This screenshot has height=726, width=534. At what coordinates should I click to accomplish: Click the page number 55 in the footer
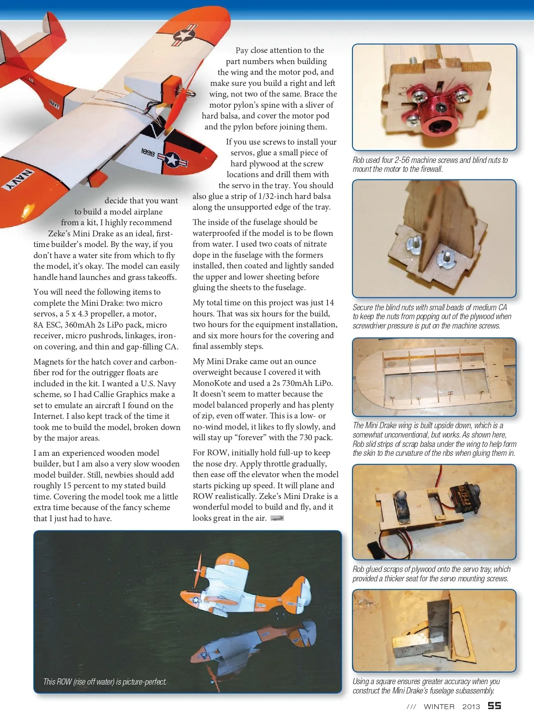[494, 706]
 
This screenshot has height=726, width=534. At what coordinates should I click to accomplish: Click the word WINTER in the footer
[439, 706]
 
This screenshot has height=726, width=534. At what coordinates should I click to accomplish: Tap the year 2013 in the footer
[471, 706]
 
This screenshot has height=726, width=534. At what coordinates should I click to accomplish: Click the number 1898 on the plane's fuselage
[148, 153]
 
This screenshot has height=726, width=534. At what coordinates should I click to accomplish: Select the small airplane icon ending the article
[277, 518]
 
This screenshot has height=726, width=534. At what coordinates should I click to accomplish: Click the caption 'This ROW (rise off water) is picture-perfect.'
[105, 681]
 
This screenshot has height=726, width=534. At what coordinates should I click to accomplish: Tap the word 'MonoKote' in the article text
[211, 383]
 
